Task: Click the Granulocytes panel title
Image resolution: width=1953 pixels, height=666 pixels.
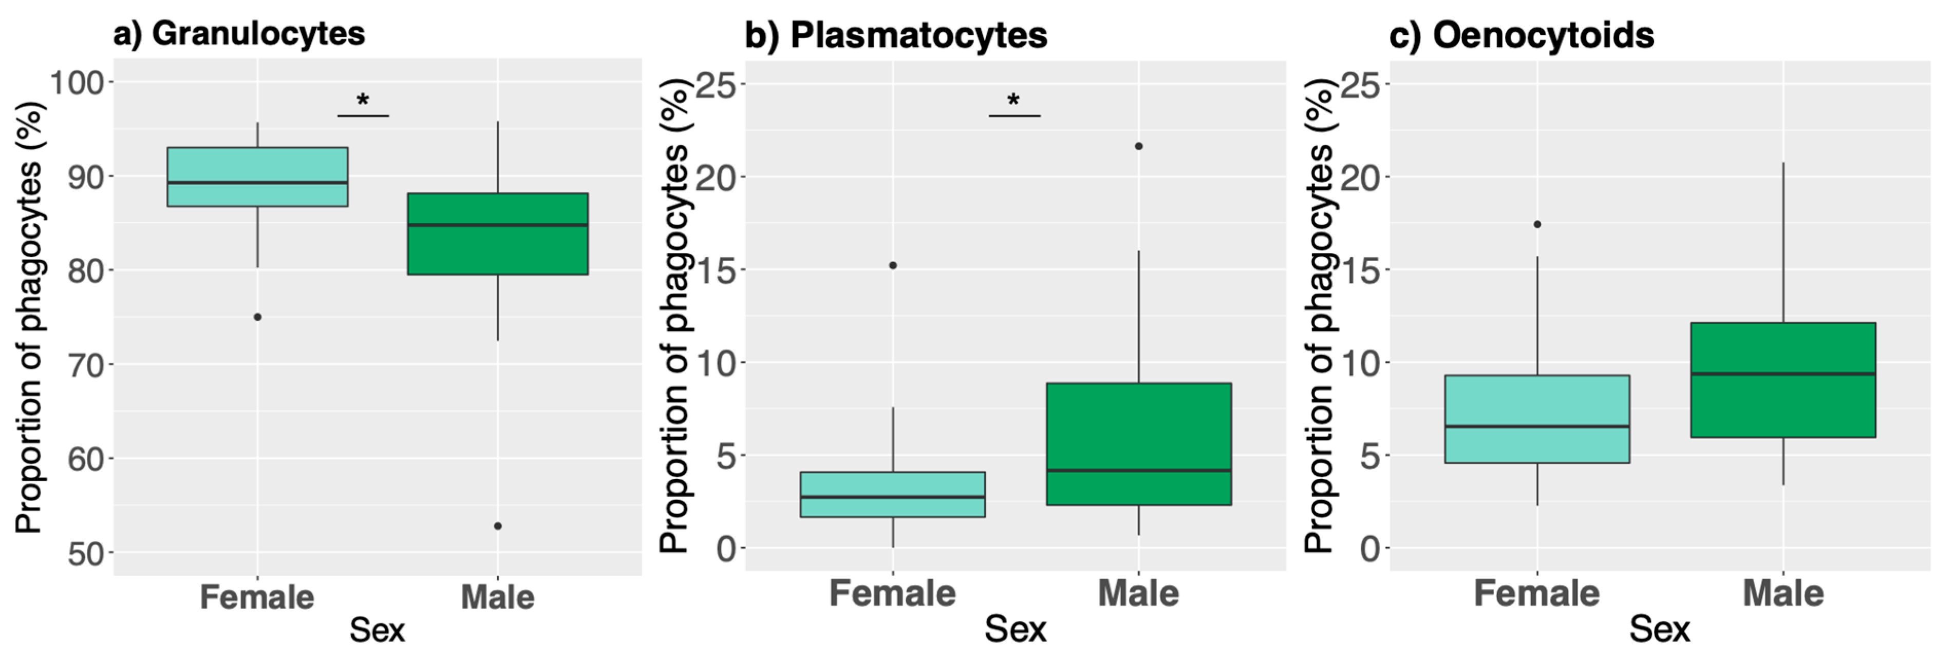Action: [x=239, y=34]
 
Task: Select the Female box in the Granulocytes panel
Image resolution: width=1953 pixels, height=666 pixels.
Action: [x=257, y=176]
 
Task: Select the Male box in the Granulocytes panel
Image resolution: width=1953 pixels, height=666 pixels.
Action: [x=497, y=233]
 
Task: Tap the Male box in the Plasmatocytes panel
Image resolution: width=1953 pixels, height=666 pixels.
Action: [x=1138, y=443]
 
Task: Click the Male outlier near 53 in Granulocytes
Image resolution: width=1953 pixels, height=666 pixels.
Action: [x=497, y=526]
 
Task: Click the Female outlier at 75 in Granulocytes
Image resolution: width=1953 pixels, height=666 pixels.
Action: [x=257, y=317]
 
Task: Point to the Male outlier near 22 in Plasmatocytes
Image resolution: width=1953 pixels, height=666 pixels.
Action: [x=1138, y=146]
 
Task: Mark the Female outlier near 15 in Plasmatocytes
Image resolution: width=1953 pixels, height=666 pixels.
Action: [x=892, y=265]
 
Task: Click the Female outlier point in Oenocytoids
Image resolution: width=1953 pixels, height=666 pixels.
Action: [x=1537, y=224]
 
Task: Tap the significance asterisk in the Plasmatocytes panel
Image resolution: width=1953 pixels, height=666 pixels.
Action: [x=1013, y=100]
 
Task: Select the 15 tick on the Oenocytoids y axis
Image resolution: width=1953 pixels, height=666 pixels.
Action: [x=1359, y=270]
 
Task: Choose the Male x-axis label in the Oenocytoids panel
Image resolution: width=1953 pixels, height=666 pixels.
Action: [x=1782, y=593]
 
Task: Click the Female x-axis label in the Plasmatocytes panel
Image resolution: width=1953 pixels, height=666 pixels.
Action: [x=892, y=593]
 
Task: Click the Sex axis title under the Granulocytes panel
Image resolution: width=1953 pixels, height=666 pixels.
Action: [x=377, y=630]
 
